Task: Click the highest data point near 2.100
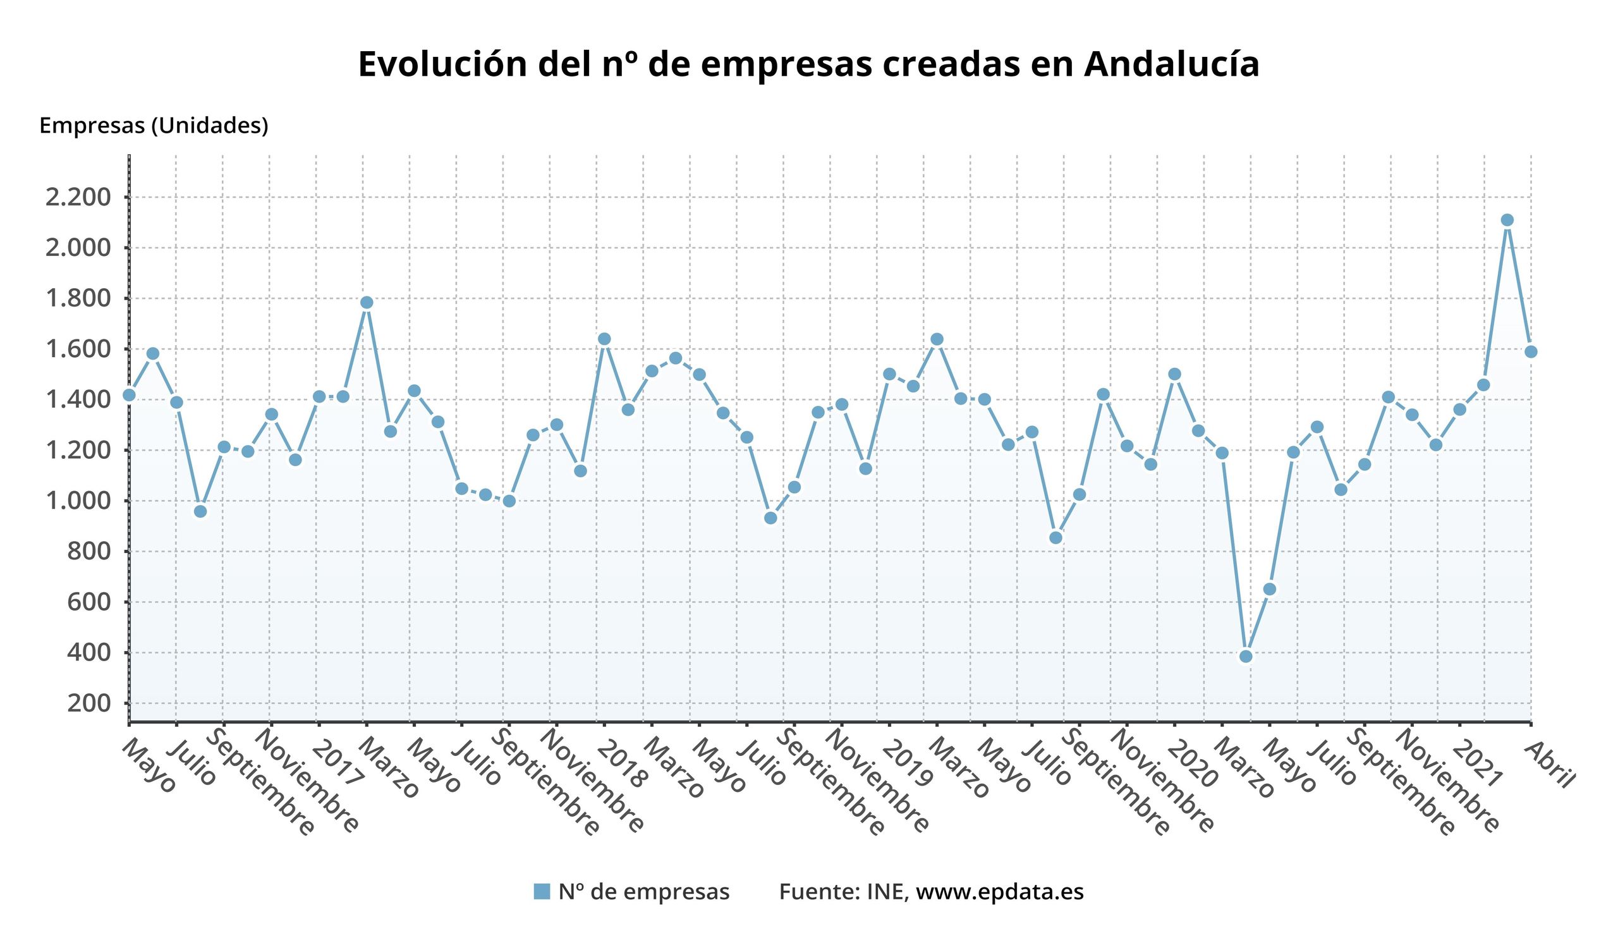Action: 1507,220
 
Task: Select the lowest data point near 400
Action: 1246,656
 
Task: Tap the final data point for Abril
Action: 1531,352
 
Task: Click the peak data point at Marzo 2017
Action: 367,302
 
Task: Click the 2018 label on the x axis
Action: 621,763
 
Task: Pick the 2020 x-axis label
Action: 1192,763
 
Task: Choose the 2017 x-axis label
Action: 336,763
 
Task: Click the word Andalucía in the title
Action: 1172,65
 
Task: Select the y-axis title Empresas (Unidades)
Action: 154,125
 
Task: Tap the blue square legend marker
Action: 542,892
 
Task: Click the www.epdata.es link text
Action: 999,892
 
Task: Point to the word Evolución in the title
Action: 442,65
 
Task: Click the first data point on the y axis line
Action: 129,395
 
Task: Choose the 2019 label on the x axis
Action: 906,763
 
